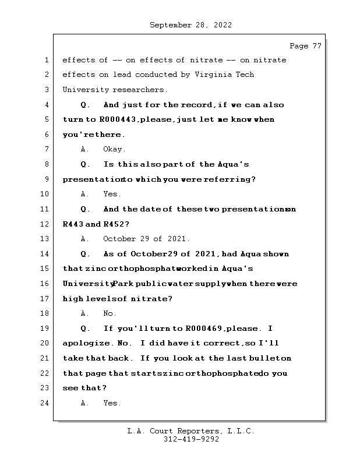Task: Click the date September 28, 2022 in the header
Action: pyautogui.click(x=191, y=25)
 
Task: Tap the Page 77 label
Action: pyautogui.click(x=305, y=46)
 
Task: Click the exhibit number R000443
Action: pyautogui.click(x=118, y=120)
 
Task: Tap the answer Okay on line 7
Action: pyautogui.click(x=114, y=150)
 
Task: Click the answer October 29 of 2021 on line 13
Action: pyautogui.click(x=146, y=239)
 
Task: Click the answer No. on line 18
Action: pyautogui.click(x=110, y=313)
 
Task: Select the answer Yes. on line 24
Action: pyautogui.click(x=112, y=403)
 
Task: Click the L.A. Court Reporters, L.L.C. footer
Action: pyautogui.click(x=190, y=432)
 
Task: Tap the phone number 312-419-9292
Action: pyautogui.click(x=191, y=440)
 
